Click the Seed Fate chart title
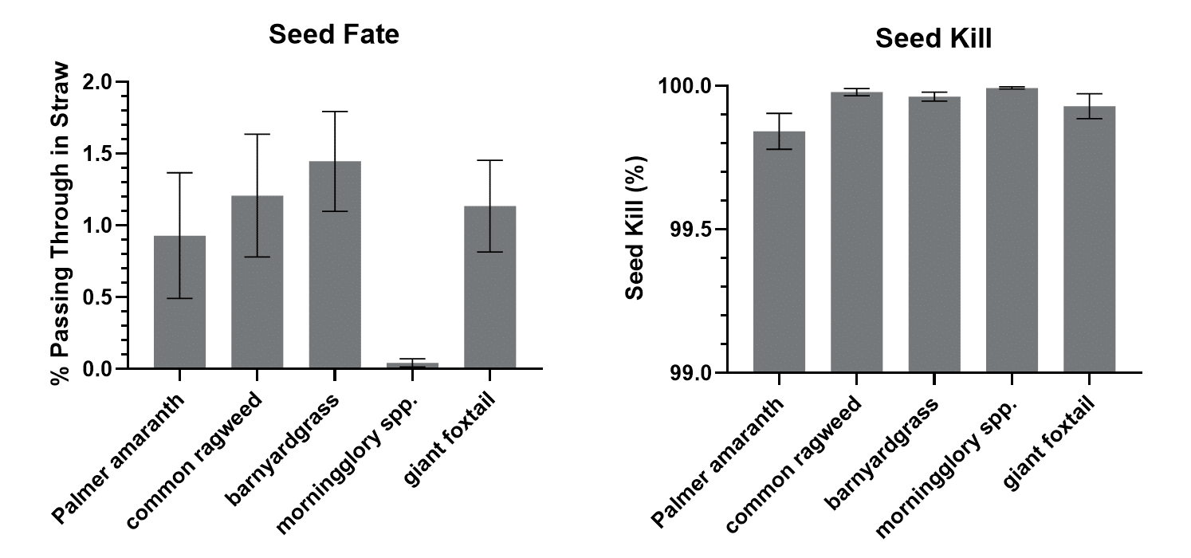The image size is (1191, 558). pos(333,34)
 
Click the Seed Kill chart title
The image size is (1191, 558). pos(934,38)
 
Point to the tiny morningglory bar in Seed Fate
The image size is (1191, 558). pos(412,365)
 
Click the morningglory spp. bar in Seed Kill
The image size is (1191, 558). pos(1012,239)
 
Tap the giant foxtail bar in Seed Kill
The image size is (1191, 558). pos(1089,247)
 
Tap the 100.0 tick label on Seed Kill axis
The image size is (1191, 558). pos(690,86)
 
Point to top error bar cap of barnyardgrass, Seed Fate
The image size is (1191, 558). pos(335,112)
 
